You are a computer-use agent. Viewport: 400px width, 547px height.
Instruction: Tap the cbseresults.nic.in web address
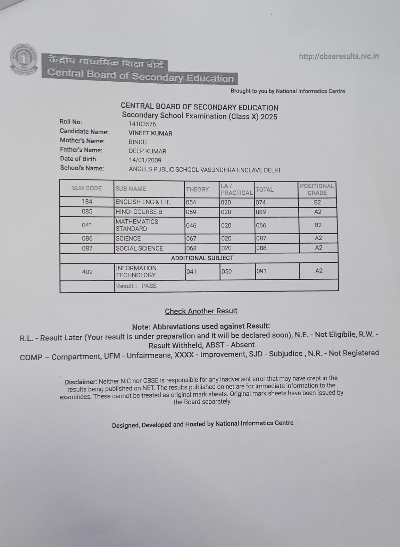(x=339, y=56)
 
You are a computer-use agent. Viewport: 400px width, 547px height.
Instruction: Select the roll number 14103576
(x=142, y=124)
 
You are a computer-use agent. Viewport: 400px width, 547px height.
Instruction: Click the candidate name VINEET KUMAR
(x=150, y=133)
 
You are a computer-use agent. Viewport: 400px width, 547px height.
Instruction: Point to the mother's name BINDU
(x=137, y=142)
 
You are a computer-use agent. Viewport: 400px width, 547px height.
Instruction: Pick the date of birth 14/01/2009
(x=145, y=160)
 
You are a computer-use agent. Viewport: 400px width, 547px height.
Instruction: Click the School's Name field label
(x=82, y=168)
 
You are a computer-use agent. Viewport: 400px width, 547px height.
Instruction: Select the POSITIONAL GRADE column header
(x=317, y=189)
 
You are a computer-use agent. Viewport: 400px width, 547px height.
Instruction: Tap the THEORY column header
(x=197, y=189)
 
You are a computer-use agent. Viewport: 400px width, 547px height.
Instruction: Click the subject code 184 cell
(x=87, y=201)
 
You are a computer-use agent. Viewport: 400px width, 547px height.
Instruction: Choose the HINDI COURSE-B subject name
(x=139, y=212)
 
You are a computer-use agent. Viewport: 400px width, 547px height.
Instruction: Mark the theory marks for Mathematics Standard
(x=191, y=225)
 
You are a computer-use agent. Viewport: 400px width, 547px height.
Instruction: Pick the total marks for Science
(x=261, y=238)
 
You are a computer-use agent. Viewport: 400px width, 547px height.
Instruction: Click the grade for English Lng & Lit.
(x=317, y=202)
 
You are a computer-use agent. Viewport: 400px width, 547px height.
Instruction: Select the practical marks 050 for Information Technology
(x=226, y=271)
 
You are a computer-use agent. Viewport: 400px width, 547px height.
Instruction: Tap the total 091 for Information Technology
(x=261, y=271)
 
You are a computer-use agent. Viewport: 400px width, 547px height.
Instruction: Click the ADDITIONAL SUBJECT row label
(x=202, y=258)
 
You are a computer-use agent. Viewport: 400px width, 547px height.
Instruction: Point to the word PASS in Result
(x=149, y=286)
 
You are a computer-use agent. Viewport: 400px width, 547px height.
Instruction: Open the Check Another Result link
(x=201, y=311)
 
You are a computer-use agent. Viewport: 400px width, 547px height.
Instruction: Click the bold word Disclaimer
(x=81, y=382)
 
